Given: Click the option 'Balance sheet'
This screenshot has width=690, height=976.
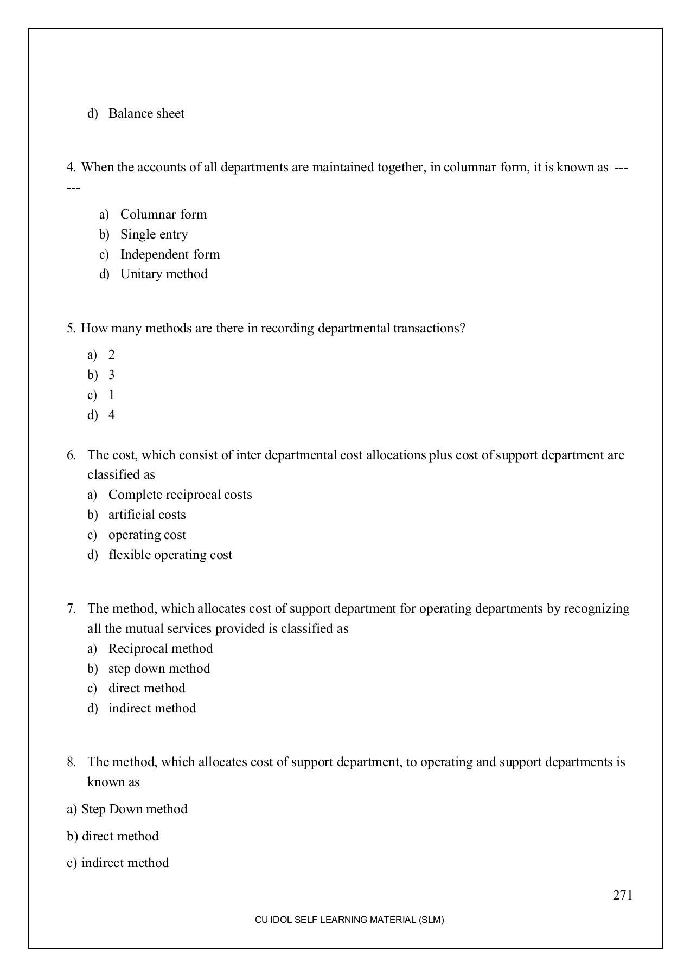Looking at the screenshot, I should coord(146,113).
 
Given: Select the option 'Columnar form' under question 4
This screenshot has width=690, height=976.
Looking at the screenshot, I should coord(163,214).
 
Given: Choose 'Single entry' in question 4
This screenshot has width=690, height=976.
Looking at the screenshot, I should coord(154,234).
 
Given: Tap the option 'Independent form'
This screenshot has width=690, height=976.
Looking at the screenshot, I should coord(170,254).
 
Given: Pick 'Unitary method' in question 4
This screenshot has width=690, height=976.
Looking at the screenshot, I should coord(164,274).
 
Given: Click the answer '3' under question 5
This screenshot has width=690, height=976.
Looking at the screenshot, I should coord(112,375).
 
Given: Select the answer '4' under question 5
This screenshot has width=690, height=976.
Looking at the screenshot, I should coord(112,415).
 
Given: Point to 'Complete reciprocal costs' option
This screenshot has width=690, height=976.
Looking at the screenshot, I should coord(180,495).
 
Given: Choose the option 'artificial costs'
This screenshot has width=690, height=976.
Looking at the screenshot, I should coord(147,515).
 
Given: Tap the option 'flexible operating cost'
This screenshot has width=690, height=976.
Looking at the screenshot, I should coord(170,555).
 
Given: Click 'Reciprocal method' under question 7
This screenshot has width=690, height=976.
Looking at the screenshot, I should coord(161,648).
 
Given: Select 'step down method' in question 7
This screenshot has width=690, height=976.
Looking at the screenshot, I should coord(159,669).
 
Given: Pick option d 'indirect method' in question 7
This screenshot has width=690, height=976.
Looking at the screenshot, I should coord(152,708).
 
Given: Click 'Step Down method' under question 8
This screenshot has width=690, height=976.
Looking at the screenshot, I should coord(134,809).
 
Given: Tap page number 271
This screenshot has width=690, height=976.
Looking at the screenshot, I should coord(623,895).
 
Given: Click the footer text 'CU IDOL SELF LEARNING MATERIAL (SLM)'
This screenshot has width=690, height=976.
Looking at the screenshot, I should coord(349,920).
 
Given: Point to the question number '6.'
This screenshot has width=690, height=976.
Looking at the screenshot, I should coord(72,455).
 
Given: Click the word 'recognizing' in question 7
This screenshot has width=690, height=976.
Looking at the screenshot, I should coord(597,608).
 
